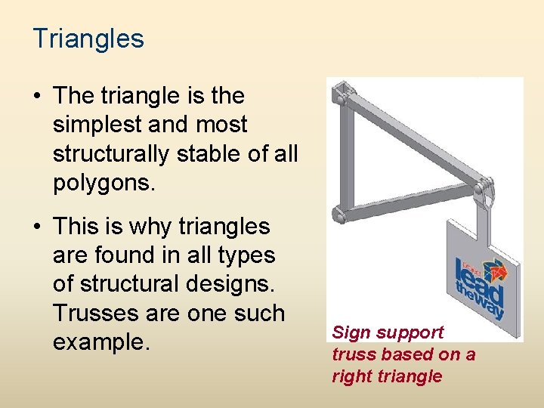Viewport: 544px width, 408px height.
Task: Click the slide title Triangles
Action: [x=88, y=39]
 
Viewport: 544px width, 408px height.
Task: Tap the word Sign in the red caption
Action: [x=348, y=332]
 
